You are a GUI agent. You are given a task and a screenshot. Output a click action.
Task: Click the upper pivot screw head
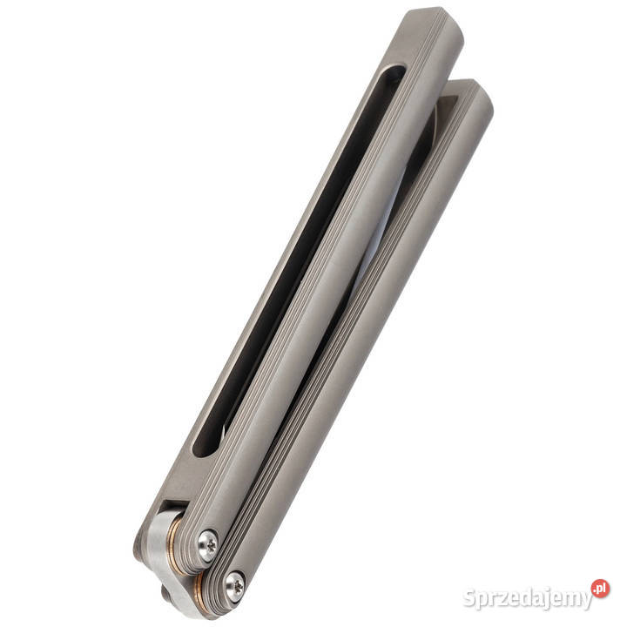click(208, 544)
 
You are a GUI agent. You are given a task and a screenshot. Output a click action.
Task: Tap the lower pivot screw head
click(235, 587)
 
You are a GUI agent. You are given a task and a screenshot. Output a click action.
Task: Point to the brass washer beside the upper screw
click(177, 547)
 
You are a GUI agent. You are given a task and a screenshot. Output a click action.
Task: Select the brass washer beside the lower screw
click(199, 593)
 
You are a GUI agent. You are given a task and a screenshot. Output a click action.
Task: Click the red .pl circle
click(600, 589)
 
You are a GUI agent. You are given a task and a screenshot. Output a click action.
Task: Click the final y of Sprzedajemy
click(587, 601)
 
